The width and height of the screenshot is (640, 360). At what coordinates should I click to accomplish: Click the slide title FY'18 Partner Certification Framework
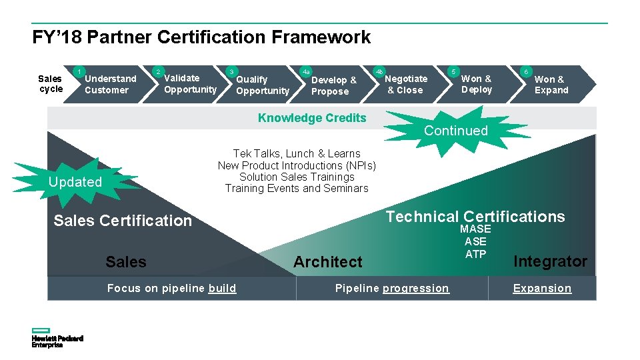(x=201, y=37)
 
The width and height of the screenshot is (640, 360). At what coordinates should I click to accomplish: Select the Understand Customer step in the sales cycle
(x=110, y=84)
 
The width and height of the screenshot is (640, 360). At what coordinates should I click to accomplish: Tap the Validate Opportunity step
(x=190, y=83)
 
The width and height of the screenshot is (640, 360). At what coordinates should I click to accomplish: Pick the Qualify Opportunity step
(x=262, y=85)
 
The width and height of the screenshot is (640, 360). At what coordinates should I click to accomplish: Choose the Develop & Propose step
(x=334, y=85)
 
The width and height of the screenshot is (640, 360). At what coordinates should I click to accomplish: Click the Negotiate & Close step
(x=407, y=84)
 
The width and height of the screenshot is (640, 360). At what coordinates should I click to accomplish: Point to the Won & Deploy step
(x=476, y=84)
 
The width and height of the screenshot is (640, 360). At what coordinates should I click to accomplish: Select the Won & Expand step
(x=551, y=85)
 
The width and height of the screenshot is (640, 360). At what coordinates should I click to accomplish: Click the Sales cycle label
(x=51, y=83)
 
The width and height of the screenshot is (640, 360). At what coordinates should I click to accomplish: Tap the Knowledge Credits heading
(x=312, y=118)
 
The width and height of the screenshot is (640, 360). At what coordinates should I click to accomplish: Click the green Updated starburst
(x=75, y=182)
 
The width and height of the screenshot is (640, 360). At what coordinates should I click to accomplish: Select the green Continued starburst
(x=456, y=131)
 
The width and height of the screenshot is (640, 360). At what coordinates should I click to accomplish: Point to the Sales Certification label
(x=123, y=221)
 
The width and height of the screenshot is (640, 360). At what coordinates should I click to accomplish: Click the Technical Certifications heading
(x=475, y=217)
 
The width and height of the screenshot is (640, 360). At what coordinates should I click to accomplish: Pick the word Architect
(x=328, y=262)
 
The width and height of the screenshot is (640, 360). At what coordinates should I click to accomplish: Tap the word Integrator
(x=550, y=261)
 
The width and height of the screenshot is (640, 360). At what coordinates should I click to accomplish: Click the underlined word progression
(x=416, y=288)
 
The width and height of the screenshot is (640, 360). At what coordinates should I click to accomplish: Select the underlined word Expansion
(x=542, y=288)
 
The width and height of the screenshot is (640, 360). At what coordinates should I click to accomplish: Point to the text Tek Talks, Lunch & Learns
(x=297, y=154)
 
